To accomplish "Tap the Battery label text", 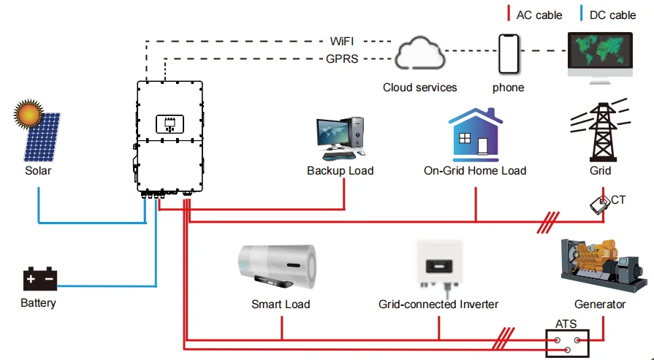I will click(x=38, y=303).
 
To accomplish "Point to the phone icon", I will click(x=508, y=53).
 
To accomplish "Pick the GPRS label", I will click(x=342, y=58).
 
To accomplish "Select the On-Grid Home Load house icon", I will click(x=475, y=135).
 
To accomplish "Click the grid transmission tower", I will click(x=601, y=131).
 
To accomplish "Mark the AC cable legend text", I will click(x=539, y=15).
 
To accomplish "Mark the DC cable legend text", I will click(x=612, y=15).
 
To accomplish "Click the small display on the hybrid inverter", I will click(x=170, y=123).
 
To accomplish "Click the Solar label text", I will click(x=38, y=171).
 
